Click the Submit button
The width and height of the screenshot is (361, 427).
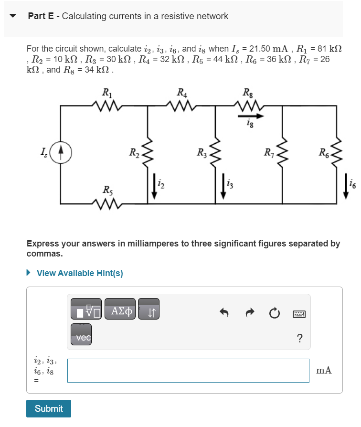click(x=49, y=408)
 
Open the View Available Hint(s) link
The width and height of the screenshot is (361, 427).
click(x=79, y=273)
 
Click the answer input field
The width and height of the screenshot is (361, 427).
click(x=188, y=371)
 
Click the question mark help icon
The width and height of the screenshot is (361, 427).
click(x=299, y=339)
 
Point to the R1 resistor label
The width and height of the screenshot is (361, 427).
click(x=106, y=93)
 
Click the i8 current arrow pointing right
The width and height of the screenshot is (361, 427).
click(x=251, y=116)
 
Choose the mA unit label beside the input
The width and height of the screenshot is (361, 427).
click(x=324, y=371)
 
